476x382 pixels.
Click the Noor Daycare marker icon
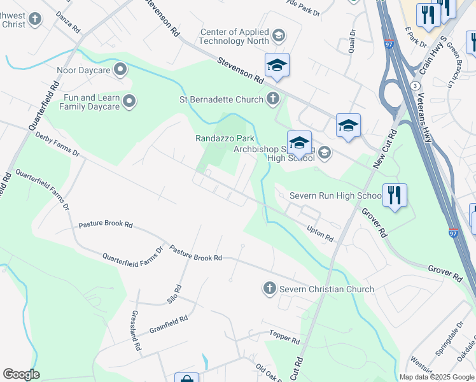(x=120, y=70)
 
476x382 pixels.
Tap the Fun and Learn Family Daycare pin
(x=130, y=101)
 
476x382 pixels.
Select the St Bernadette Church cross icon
(x=273, y=99)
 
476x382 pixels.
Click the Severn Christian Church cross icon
(x=269, y=289)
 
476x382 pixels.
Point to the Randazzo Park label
(x=224, y=138)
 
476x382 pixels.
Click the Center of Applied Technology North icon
(x=278, y=34)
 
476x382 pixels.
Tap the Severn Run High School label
(x=335, y=195)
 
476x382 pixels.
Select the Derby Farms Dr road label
(x=57, y=144)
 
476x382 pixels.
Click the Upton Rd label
(x=320, y=233)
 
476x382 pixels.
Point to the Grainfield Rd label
(x=168, y=324)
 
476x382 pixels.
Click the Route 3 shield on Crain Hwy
(x=415, y=85)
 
